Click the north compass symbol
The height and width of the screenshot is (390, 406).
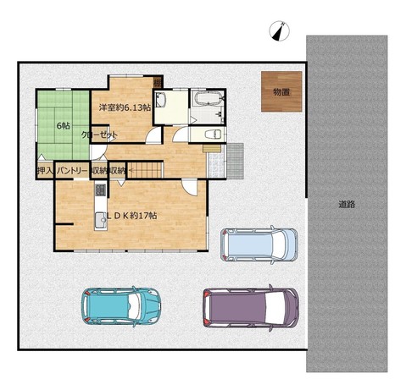[x=280, y=30]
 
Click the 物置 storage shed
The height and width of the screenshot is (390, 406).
[x=281, y=91]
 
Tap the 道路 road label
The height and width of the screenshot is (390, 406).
[x=347, y=204]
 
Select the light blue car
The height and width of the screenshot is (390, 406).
[x=259, y=244]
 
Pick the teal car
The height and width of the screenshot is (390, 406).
[x=121, y=306]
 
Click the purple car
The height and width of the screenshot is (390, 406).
[x=251, y=308]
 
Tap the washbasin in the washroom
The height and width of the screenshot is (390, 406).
[x=160, y=100]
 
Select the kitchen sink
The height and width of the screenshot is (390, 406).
[x=100, y=220]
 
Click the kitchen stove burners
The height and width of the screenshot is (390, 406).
[x=100, y=190]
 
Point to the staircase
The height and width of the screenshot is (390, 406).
[x=145, y=170]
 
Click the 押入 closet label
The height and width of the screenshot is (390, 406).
[x=45, y=171]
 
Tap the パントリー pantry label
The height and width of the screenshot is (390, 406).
[x=72, y=171]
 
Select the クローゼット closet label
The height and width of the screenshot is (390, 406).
[x=99, y=135]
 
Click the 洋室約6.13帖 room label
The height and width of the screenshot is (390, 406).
[x=125, y=107]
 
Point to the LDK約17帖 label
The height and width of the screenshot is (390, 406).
[x=131, y=216]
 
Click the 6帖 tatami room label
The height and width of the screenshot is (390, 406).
[x=64, y=126]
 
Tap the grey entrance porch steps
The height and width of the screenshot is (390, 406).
[x=235, y=161]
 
